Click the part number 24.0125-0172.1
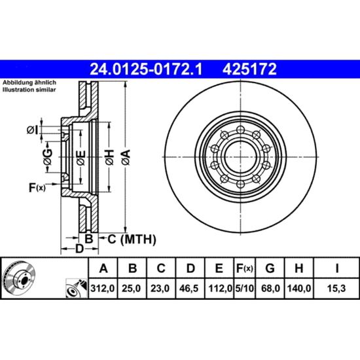[146, 69]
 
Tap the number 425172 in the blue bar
[249, 69]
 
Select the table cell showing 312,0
[103, 288]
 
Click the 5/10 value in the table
[245, 288]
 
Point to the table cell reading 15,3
[337, 288]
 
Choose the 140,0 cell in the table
[298, 288]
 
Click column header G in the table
[270, 268]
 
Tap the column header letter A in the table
[103, 268]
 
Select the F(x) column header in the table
[245, 268]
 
